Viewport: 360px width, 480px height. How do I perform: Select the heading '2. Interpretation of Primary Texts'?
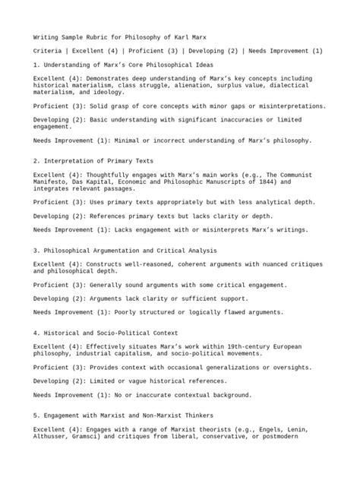(93, 161)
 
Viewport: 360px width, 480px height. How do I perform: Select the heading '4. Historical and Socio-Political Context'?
(106, 333)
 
